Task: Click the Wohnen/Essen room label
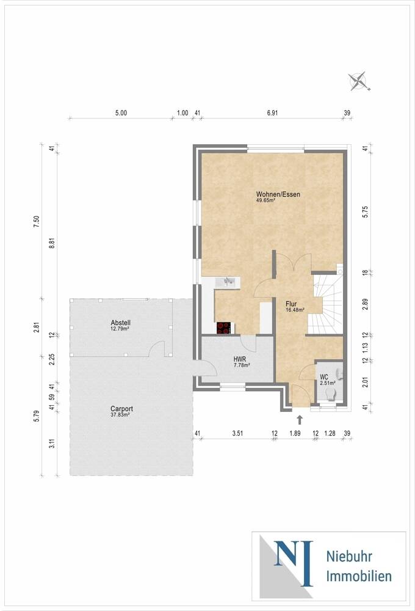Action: [x=278, y=194]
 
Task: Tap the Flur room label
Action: [x=291, y=304]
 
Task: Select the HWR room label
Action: [x=240, y=359]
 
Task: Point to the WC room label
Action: [x=324, y=377]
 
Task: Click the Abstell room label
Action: [x=121, y=323]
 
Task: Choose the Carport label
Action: [x=121, y=409]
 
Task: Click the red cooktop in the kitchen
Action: [x=224, y=328]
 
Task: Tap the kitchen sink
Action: [x=227, y=281]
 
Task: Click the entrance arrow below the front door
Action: [x=300, y=420]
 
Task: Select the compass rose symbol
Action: [x=359, y=81]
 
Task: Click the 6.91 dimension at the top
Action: [x=273, y=113]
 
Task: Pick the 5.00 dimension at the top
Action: [x=121, y=113]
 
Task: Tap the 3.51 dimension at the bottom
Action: [x=237, y=433]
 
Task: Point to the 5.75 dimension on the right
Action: [x=365, y=211]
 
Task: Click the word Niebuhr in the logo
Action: [x=349, y=557]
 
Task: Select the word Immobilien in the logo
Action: [x=359, y=576]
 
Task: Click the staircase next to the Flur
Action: [x=327, y=304]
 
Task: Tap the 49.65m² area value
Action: [x=265, y=200]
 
